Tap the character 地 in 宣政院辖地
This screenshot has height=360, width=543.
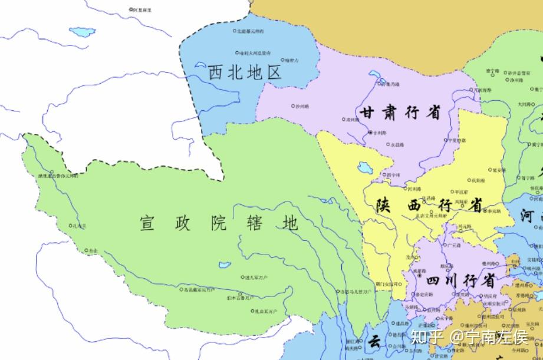[289, 223]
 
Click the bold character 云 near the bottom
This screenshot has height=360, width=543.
[374, 342]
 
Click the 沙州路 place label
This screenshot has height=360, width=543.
[301, 106]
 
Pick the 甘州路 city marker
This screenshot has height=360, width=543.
[370, 133]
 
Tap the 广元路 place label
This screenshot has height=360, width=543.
[455, 245]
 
